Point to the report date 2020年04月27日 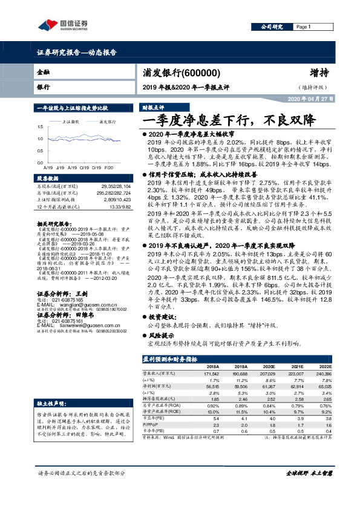pos(309,99)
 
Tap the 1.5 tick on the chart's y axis pos(40,126)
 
